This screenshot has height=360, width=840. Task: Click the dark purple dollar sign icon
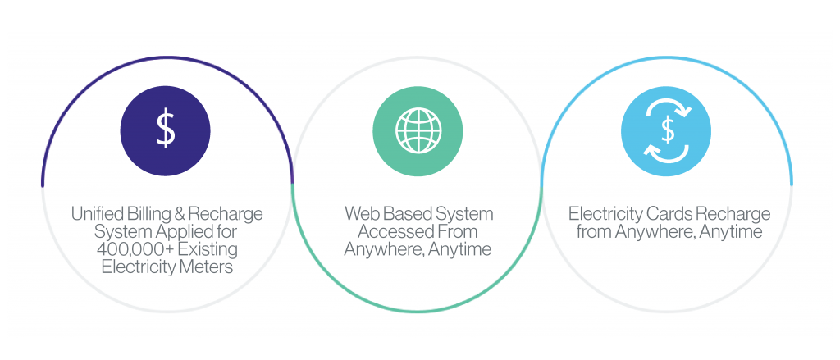166,131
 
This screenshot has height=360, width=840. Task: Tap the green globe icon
418,131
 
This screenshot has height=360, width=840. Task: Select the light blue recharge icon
666,131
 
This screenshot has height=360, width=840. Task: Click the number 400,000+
129,249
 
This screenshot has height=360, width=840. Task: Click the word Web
362,214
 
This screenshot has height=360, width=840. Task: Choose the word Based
404,214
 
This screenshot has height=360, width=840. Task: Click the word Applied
164,233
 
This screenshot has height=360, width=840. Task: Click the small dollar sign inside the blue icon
667,130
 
